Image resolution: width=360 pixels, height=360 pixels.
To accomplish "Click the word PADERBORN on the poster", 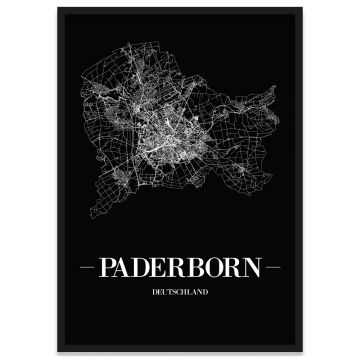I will point(180,269).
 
